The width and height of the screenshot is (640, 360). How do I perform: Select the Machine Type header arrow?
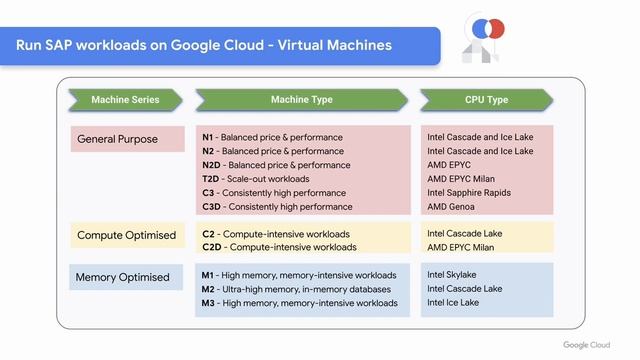tap(301, 100)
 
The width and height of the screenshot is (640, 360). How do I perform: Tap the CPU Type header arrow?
tap(486, 100)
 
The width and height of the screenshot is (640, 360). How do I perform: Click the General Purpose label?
tap(117, 139)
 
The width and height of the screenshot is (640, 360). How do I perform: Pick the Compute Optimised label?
tap(126, 236)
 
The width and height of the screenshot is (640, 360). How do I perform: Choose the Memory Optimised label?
tap(122, 277)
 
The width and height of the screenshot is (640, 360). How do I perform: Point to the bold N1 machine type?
tap(208, 137)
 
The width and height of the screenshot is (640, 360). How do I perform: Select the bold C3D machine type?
tap(210, 207)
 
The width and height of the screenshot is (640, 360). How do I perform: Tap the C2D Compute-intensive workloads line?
tap(278, 247)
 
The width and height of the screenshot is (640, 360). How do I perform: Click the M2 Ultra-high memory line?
tap(296, 289)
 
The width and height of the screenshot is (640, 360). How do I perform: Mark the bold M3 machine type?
tap(208, 303)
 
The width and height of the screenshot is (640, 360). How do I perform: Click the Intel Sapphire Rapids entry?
tap(470, 193)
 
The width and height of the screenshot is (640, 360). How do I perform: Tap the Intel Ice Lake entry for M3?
tap(453, 303)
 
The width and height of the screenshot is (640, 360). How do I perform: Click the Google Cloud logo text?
tap(586, 344)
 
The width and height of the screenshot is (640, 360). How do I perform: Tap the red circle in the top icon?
tap(493, 28)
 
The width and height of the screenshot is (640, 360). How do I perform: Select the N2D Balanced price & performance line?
tap(276, 165)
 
